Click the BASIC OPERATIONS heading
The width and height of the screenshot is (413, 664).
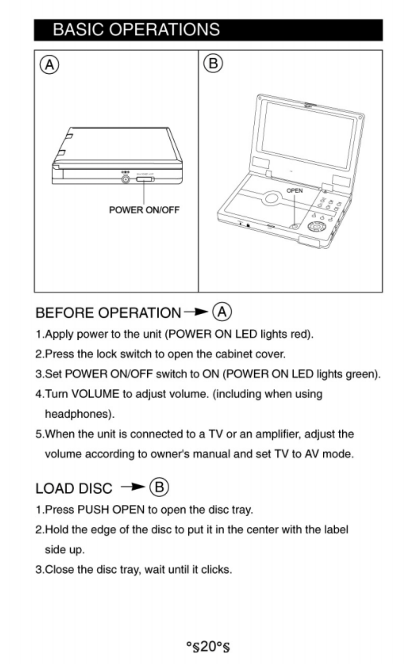136,30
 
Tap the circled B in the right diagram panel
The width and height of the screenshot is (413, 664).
213,63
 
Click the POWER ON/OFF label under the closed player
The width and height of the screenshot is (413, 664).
144,210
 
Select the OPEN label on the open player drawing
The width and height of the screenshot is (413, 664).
295,190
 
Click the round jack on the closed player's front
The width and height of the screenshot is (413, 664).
126,179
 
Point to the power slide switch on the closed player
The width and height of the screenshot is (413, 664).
145,179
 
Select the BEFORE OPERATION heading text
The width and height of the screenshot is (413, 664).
108,313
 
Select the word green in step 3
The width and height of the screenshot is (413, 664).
361,374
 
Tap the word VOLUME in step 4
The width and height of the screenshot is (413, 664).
96,394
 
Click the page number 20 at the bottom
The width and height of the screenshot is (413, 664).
208,646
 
